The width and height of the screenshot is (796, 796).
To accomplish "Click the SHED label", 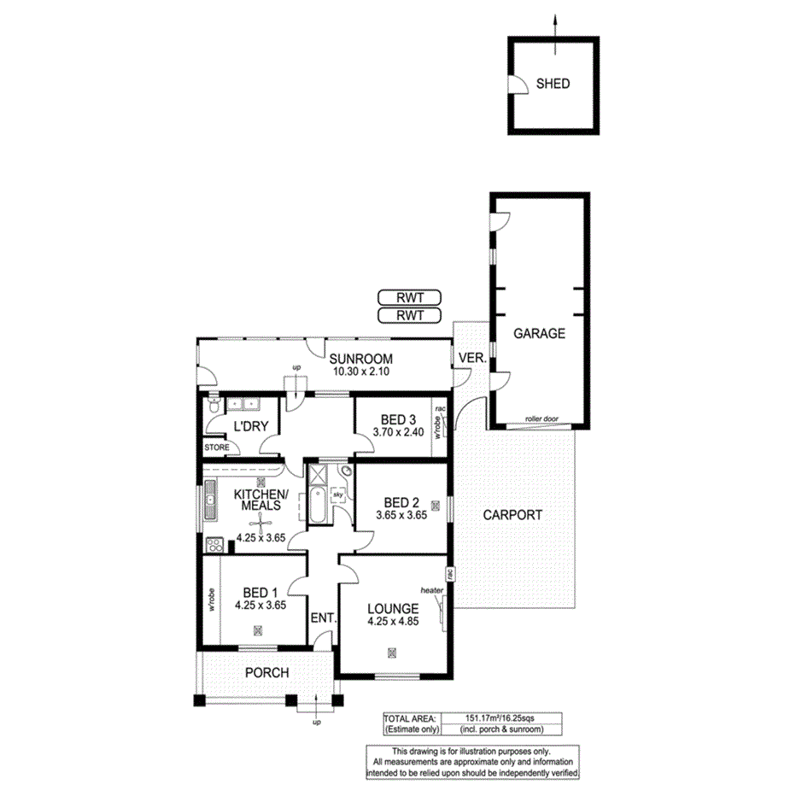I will (x=553, y=84).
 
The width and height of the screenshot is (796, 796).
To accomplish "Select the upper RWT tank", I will (x=409, y=298).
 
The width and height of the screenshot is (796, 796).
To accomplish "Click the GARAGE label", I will (x=539, y=334).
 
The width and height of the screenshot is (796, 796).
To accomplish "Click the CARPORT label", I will (x=512, y=515).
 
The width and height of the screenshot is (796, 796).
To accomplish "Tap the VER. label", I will (x=472, y=358).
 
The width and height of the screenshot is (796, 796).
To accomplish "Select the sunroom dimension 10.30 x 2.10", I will (x=361, y=372).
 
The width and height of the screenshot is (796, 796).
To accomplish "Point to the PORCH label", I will (x=266, y=673).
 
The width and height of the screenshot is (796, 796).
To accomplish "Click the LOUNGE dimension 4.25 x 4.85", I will (x=393, y=623).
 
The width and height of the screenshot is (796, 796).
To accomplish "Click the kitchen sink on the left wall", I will (x=209, y=501).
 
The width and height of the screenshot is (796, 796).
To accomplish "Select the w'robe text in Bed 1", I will (x=211, y=598).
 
